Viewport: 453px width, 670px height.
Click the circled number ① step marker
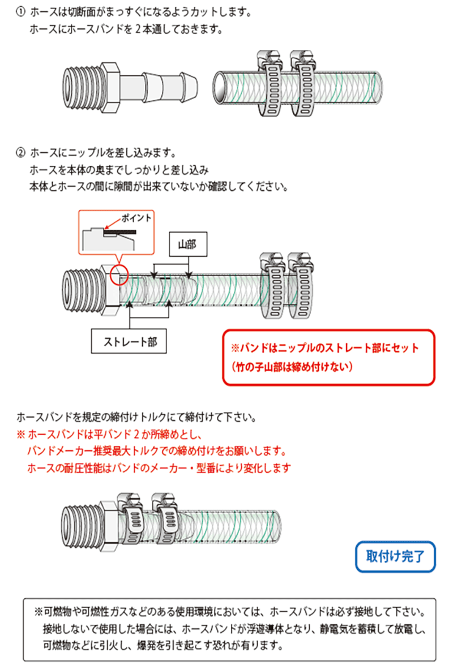click(x=21, y=11)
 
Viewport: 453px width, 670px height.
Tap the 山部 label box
click(x=186, y=244)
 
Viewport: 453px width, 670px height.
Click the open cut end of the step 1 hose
click(x=220, y=87)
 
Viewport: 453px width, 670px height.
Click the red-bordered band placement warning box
click(x=328, y=357)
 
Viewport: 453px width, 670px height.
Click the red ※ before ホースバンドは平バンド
click(x=22, y=436)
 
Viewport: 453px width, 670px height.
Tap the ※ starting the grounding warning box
click(x=38, y=613)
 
